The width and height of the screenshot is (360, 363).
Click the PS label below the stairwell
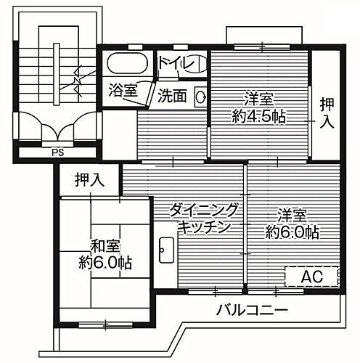point(57,153)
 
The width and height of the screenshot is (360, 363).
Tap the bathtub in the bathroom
point(126,64)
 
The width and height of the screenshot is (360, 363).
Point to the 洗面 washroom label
point(172,94)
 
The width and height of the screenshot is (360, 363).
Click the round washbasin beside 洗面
point(199,94)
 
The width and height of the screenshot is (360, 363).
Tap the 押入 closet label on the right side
point(327,113)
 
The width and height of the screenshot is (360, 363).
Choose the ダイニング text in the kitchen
point(204,211)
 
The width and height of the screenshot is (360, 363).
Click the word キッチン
point(205,227)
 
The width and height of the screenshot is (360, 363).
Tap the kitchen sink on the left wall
point(164,251)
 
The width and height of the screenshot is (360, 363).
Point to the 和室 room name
point(105,245)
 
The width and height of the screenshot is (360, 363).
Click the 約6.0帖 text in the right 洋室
point(292,232)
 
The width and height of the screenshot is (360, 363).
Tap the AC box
point(311,277)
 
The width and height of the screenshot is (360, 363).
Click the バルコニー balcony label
point(252,310)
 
